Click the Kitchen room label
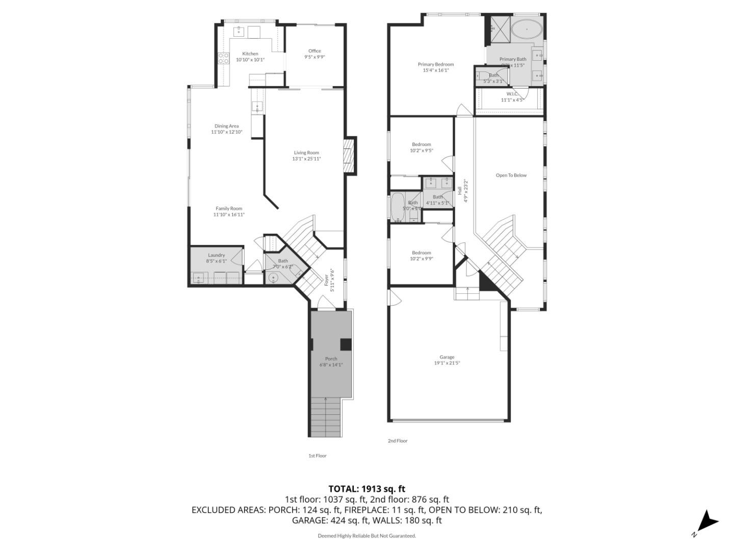(x=250, y=54)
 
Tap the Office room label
(x=314, y=51)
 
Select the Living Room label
(x=306, y=153)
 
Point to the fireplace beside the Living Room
(x=349, y=155)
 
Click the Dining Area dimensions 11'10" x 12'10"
(x=227, y=132)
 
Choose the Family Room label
(x=229, y=208)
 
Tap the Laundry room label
(x=216, y=255)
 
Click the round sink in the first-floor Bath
(x=273, y=278)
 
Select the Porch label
(x=331, y=359)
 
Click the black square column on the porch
(x=346, y=344)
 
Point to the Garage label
(x=447, y=357)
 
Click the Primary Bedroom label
(x=436, y=64)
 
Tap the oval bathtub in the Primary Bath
(x=527, y=30)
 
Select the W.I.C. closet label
(x=512, y=94)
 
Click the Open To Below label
(x=511, y=176)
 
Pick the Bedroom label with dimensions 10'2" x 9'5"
(x=421, y=144)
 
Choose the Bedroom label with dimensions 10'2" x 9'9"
(x=422, y=253)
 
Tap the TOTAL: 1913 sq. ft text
(x=366, y=489)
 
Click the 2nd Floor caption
(x=398, y=441)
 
